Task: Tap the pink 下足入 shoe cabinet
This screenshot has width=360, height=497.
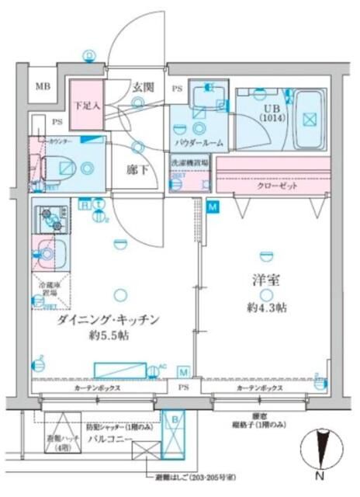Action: (x=86, y=105)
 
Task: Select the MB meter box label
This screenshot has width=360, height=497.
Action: (x=42, y=87)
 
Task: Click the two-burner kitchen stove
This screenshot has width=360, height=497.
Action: (x=50, y=217)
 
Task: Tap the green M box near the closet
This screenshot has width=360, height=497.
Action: (x=213, y=207)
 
